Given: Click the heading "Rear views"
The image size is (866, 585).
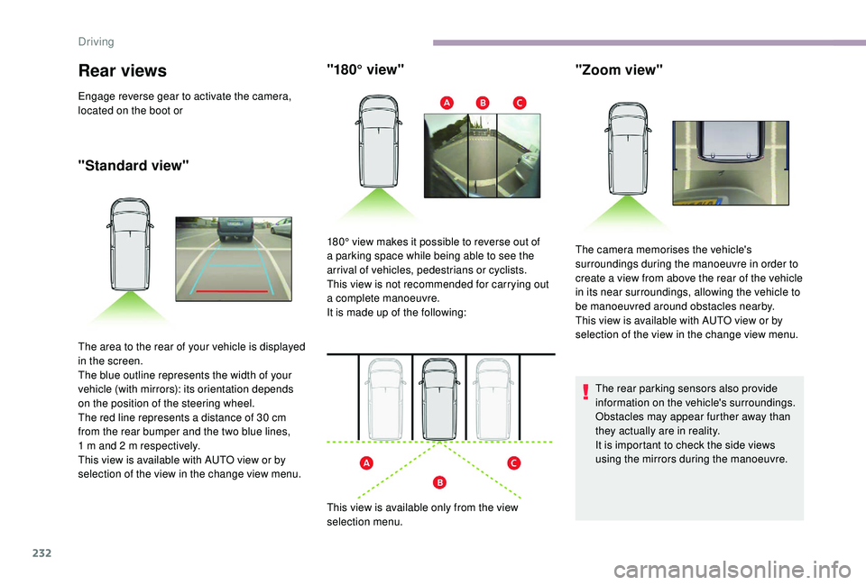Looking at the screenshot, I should coord(124,70).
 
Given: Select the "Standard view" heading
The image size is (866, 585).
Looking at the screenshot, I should coord(134,164).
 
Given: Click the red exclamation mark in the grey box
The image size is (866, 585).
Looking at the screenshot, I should coord(585,391).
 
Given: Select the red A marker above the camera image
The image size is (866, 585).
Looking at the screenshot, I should coord(446,105).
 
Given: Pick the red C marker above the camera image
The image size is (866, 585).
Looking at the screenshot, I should coord(520,105).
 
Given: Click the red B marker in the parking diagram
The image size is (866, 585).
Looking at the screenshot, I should coord(438,483).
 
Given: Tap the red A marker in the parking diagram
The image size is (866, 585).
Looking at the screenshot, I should coord(367,463).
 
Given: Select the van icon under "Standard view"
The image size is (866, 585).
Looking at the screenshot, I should coord(130,244).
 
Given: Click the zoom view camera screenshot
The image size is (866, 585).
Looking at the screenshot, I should coord(730,162).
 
